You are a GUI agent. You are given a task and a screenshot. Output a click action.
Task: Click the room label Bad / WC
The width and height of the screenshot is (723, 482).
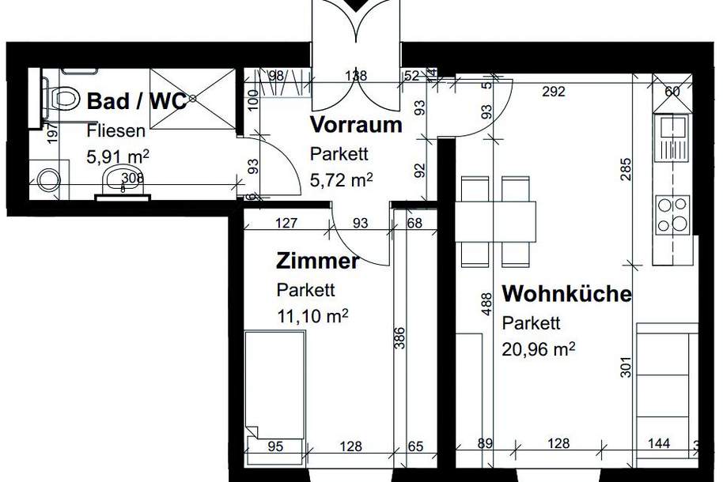[x=137, y=102]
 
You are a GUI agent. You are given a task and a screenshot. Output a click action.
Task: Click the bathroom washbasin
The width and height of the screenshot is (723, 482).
[x=122, y=180]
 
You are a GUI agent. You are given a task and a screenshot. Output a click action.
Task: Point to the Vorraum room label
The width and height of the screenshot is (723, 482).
[x=356, y=125]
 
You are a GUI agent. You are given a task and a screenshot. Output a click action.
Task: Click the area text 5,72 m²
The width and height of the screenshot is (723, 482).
[x=341, y=179]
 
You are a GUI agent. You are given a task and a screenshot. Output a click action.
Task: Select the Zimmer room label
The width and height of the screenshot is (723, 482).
[x=318, y=261]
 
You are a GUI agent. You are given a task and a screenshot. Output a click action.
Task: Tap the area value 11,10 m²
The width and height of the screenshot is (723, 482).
[x=313, y=316]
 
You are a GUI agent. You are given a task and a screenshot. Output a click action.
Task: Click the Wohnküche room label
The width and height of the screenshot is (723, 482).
[x=567, y=295]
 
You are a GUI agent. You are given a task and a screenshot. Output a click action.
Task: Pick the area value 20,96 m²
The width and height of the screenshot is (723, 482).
[x=539, y=347]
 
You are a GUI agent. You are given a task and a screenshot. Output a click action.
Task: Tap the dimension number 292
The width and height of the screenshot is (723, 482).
[x=554, y=92]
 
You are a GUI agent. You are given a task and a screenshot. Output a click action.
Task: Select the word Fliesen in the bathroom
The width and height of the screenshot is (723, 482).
[x=115, y=131]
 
